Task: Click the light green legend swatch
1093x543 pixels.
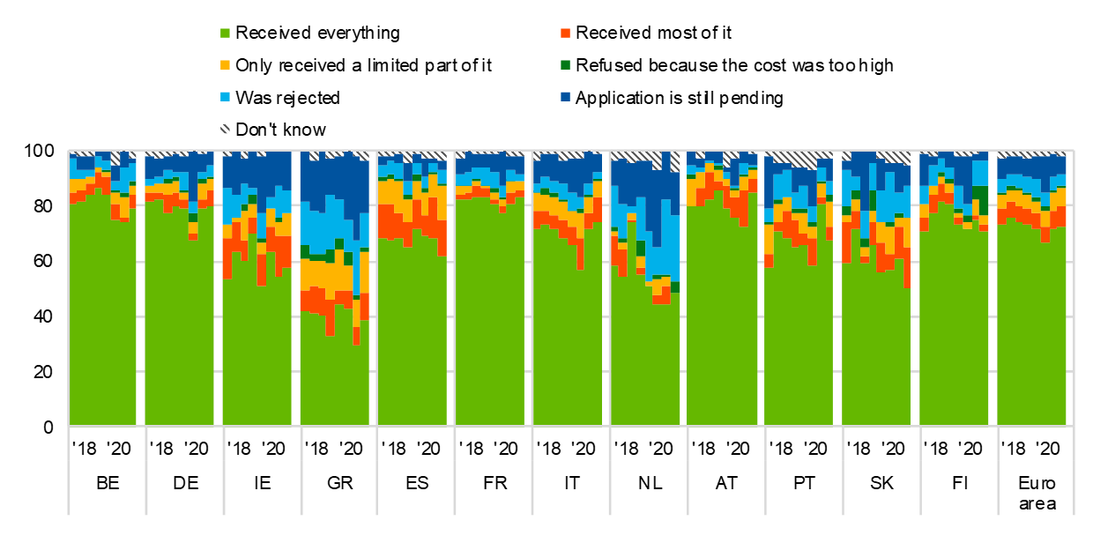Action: pos(225,33)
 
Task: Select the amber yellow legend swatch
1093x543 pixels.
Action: pos(225,65)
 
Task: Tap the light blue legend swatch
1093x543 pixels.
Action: pos(225,97)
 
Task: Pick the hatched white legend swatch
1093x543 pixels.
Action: pos(225,129)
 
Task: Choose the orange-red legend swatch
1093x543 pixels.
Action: pos(565,33)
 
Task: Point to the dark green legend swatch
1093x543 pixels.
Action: pos(565,65)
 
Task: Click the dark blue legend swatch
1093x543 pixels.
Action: pos(565,97)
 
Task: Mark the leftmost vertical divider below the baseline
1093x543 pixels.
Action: pos(69,472)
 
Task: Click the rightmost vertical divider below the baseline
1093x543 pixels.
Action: pos(1074,472)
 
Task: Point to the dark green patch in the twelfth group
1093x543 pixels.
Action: pos(980,194)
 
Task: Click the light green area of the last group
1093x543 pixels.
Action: pos(1031,335)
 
